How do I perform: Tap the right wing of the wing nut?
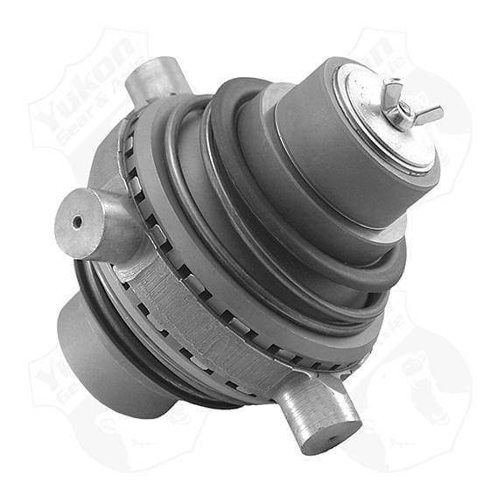428,111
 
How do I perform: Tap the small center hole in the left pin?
78,221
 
